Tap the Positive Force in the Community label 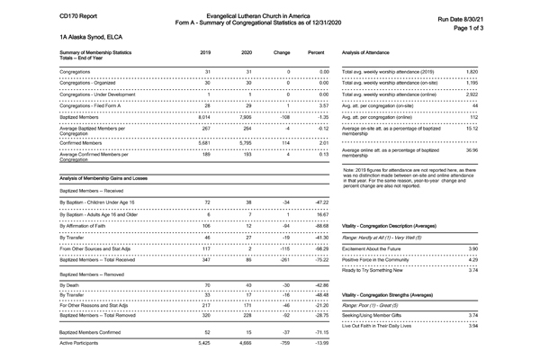384,258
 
